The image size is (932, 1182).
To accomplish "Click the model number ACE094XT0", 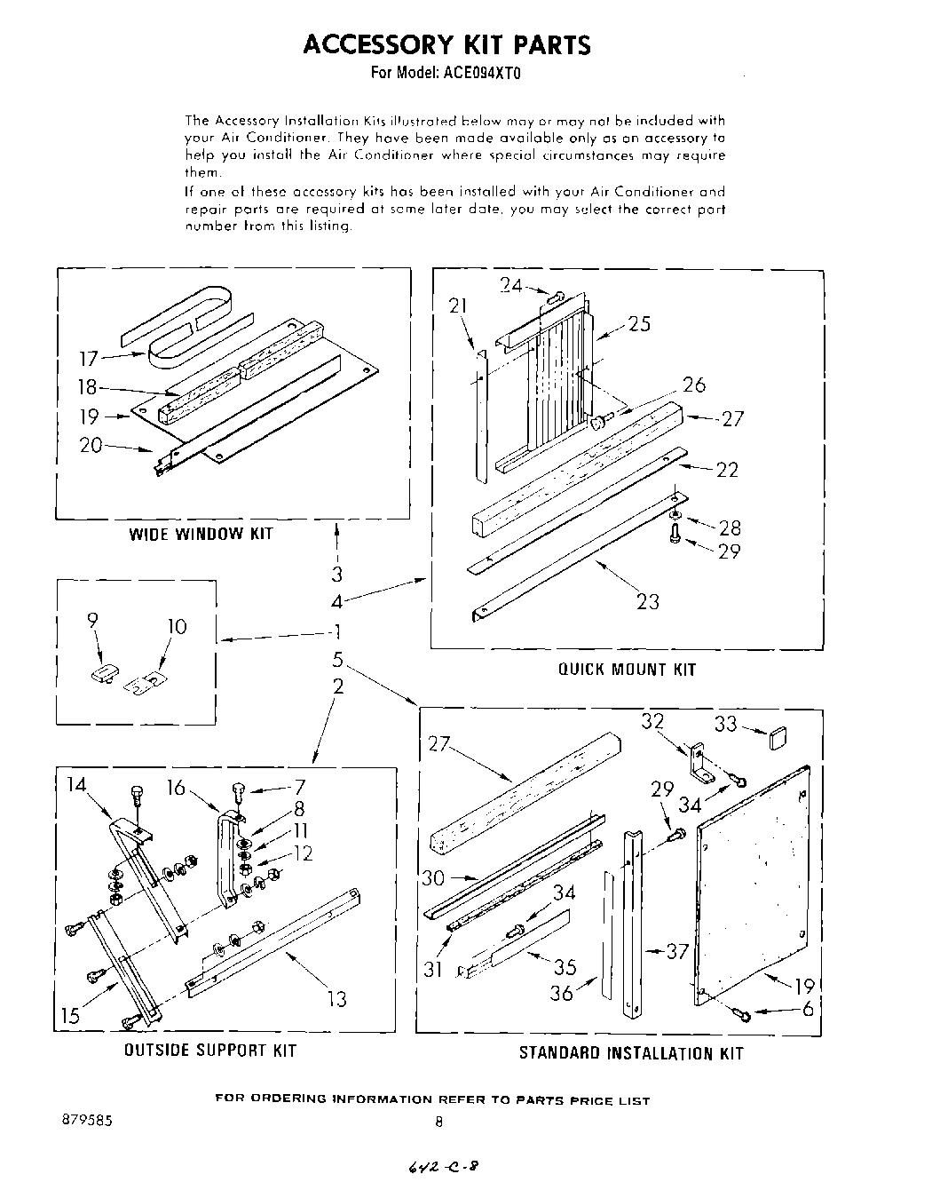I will [481, 75].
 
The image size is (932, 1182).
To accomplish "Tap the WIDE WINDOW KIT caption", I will [201, 534].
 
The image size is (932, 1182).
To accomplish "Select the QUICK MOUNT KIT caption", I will [627, 669].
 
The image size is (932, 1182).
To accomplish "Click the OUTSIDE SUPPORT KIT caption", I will [209, 1051].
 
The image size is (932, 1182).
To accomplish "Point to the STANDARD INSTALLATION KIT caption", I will [630, 1054].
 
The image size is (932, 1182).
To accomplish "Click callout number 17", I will [88, 359].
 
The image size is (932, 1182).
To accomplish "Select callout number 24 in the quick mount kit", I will [510, 285].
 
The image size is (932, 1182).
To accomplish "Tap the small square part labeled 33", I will [778, 736].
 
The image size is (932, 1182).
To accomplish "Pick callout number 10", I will [177, 627].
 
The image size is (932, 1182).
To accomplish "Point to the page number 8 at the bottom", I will [438, 1122].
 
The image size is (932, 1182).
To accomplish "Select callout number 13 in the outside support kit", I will [336, 999].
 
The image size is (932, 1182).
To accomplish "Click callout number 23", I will [648, 601].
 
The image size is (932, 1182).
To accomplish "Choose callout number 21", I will [458, 306].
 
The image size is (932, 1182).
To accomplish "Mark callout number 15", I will [70, 1015].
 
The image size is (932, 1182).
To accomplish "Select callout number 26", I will [693, 385].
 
